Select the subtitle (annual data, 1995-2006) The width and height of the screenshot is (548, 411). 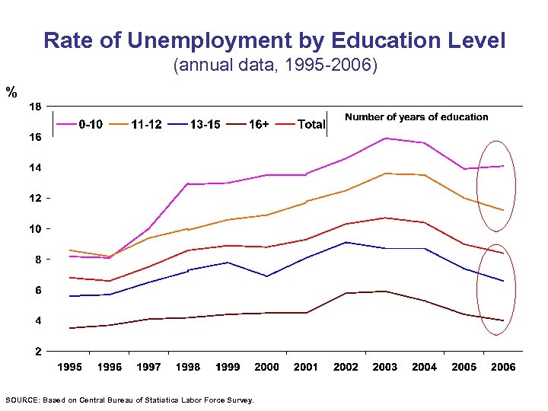click(x=275, y=65)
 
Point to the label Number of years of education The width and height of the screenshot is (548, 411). click(x=416, y=116)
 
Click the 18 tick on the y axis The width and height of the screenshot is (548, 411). click(x=36, y=106)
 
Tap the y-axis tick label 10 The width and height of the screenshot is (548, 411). click(x=36, y=228)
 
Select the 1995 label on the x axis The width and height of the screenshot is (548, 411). click(x=70, y=367)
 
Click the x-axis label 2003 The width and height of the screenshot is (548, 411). click(x=385, y=367)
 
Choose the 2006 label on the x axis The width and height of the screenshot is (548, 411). click(x=503, y=367)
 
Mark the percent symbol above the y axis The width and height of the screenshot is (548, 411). click(x=11, y=92)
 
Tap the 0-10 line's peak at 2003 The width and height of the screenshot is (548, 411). click(x=385, y=138)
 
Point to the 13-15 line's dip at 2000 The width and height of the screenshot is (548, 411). click(x=266, y=276)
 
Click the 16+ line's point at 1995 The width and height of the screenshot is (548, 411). click(x=70, y=328)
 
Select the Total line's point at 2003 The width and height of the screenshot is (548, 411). click(x=385, y=218)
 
